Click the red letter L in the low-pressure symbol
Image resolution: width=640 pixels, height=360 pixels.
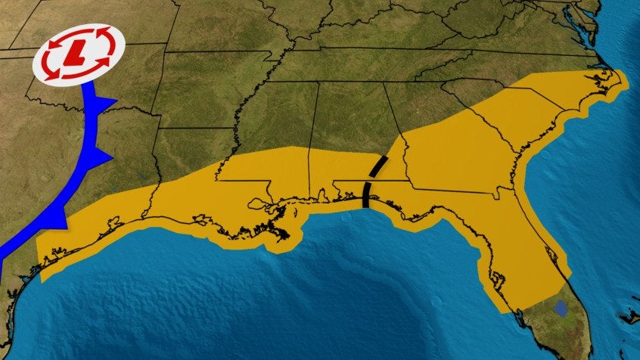(74, 54)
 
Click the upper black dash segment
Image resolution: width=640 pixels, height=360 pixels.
(381, 166)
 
